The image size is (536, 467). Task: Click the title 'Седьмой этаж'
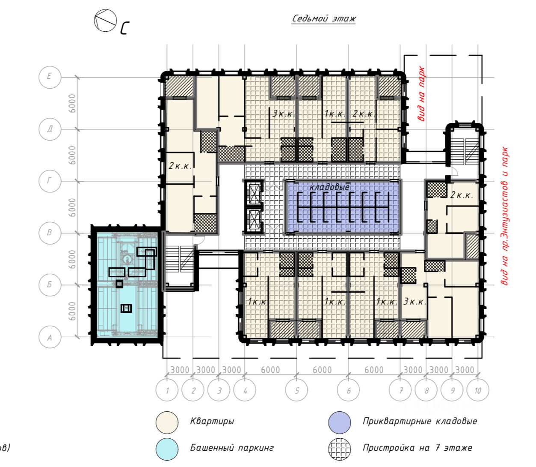click(323, 18)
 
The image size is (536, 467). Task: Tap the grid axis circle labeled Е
click(50, 77)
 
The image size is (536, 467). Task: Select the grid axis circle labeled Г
click(50, 181)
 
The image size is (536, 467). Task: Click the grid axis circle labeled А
click(50, 337)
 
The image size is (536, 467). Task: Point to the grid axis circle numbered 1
click(167, 390)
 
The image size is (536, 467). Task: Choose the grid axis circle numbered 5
click(297, 390)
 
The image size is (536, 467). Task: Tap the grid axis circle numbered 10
click(477, 390)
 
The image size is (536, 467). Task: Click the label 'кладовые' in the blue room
click(329, 187)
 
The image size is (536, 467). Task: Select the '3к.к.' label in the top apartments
click(284, 114)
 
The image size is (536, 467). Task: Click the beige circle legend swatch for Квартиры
click(167, 422)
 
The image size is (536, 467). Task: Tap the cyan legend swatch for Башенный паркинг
click(167, 449)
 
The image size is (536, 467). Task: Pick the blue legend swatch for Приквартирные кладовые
click(340, 422)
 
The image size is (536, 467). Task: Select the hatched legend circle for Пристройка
click(340, 449)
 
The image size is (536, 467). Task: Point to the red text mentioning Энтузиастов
click(505, 216)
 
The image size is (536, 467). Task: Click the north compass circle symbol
click(106, 21)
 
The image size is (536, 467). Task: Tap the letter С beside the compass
click(124, 28)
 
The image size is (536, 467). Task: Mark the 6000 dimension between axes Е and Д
click(73, 103)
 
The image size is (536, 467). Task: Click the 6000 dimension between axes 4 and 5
click(270, 370)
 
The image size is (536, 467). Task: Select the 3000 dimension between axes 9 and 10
click(465, 370)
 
